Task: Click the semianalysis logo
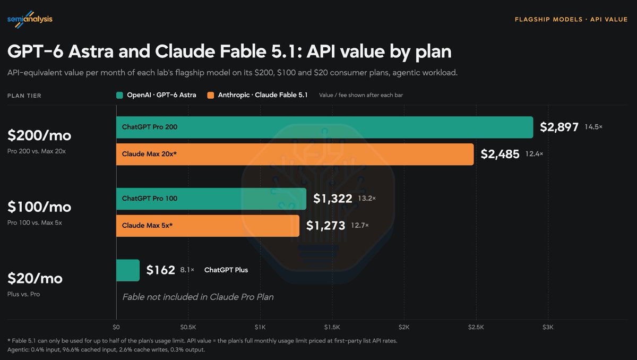click(30, 19)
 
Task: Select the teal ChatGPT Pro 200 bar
click(324, 127)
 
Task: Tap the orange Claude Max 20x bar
click(295, 154)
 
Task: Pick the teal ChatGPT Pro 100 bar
click(211, 199)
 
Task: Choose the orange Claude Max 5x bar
click(208, 226)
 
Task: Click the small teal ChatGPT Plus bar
click(128, 270)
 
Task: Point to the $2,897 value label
click(559, 127)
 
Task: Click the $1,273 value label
click(325, 226)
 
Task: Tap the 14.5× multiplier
click(593, 127)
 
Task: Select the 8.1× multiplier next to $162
click(187, 270)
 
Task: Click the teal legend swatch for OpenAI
click(119, 95)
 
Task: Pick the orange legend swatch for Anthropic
click(211, 95)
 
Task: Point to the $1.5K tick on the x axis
click(332, 327)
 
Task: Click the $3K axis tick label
click(548, 327)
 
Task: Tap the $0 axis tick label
click(116, 327)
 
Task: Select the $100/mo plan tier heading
click(39, 207)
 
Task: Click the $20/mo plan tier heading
click(35, 278)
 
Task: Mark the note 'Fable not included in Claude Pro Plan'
click(198, 297)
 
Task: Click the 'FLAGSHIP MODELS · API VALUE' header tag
click(571, 19)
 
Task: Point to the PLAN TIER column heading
click(24, 96)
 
